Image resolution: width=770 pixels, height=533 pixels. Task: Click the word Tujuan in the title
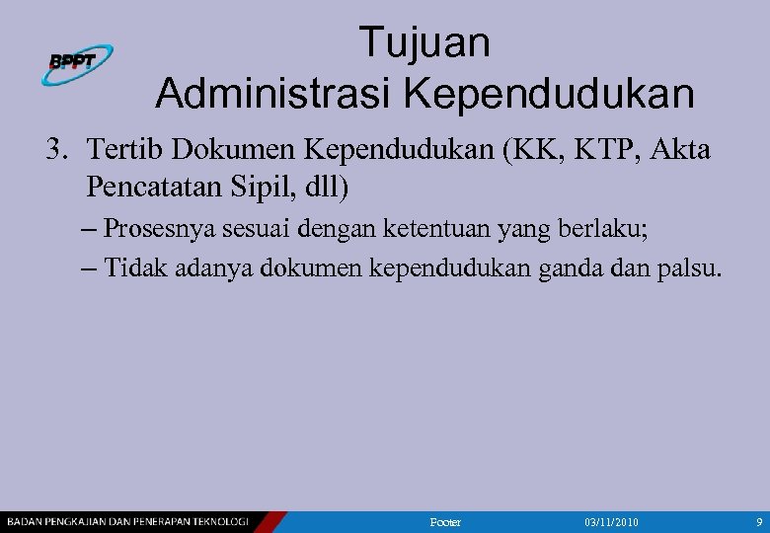(423, 43)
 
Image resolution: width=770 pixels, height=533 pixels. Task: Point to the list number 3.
(56, 150)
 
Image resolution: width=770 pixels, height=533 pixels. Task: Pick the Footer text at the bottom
(446, 521)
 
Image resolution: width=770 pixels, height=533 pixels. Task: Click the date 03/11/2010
(612, 521)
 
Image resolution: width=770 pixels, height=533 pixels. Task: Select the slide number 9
(758, 521)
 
